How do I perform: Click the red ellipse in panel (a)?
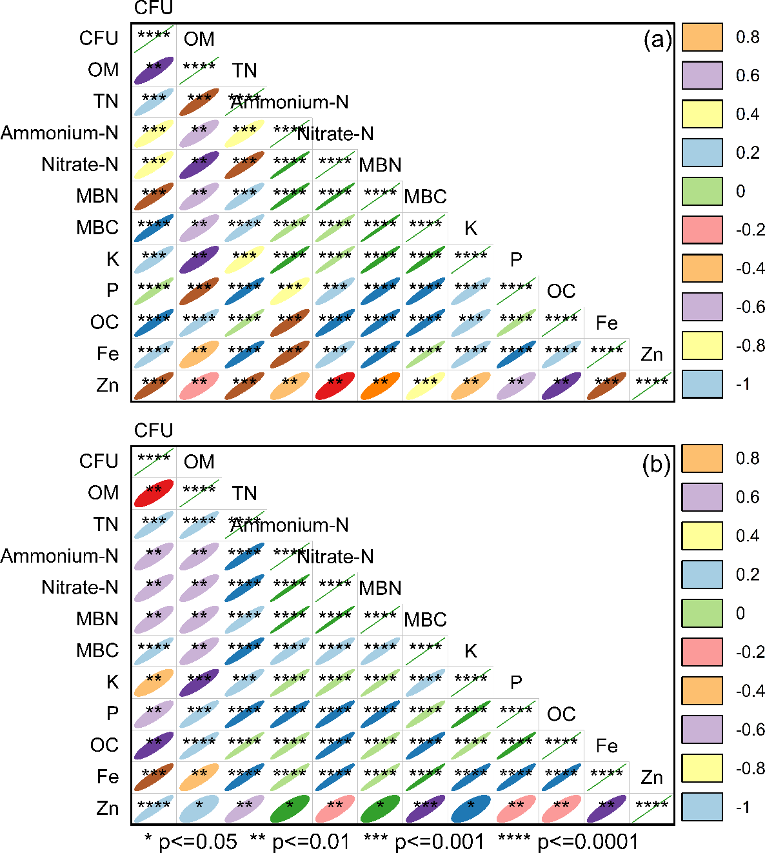click(335, 386)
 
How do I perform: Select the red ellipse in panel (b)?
click(154, 493)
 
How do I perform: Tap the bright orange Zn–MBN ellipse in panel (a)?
click(380, 386)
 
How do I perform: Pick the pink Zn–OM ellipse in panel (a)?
click(199, 386)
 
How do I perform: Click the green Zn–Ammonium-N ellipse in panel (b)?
click(290, 808)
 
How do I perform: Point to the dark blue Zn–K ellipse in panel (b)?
click(471, 808)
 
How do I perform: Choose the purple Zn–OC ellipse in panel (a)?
click(561, 386)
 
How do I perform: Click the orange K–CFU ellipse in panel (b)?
click(154, 682)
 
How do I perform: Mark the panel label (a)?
click(657, 41)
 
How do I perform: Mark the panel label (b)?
click(657, 465)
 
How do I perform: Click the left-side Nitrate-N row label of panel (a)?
click(80, 165)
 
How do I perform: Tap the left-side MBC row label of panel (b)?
click(97, 650)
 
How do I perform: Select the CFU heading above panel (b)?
click(154, 430)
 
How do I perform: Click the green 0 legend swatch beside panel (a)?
click(702, 192)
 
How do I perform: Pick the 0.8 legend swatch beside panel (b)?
click(702, 459)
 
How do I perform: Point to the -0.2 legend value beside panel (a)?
click(750, 230)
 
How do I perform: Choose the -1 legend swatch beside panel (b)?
click(702, 807)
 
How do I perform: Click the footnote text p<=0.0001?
click(588, 842)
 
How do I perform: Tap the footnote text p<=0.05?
click(197, 842)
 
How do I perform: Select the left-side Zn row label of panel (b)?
click(107, 808)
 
